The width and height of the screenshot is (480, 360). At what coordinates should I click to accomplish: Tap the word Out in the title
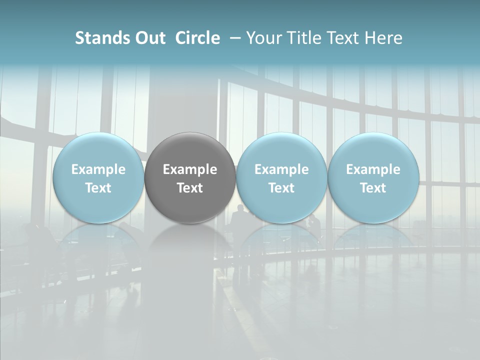[148, 38]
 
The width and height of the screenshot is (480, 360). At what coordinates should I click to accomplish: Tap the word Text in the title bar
[342, 38]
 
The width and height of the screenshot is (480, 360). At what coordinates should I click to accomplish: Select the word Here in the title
[383, 38]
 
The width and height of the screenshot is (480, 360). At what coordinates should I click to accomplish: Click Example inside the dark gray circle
[190, 169]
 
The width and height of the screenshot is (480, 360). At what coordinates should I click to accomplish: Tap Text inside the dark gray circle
[190, 188]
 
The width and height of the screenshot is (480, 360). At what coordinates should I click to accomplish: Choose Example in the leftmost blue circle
[98, 169]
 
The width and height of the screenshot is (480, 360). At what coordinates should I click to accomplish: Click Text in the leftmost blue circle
[98, 188]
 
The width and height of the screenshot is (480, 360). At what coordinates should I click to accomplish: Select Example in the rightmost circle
[373, 169]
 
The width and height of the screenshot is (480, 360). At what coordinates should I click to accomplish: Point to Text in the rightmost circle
[373, 188]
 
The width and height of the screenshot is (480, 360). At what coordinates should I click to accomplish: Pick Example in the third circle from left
[281, 169]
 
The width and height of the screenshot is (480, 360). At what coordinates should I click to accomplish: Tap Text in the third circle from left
[281, 188]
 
